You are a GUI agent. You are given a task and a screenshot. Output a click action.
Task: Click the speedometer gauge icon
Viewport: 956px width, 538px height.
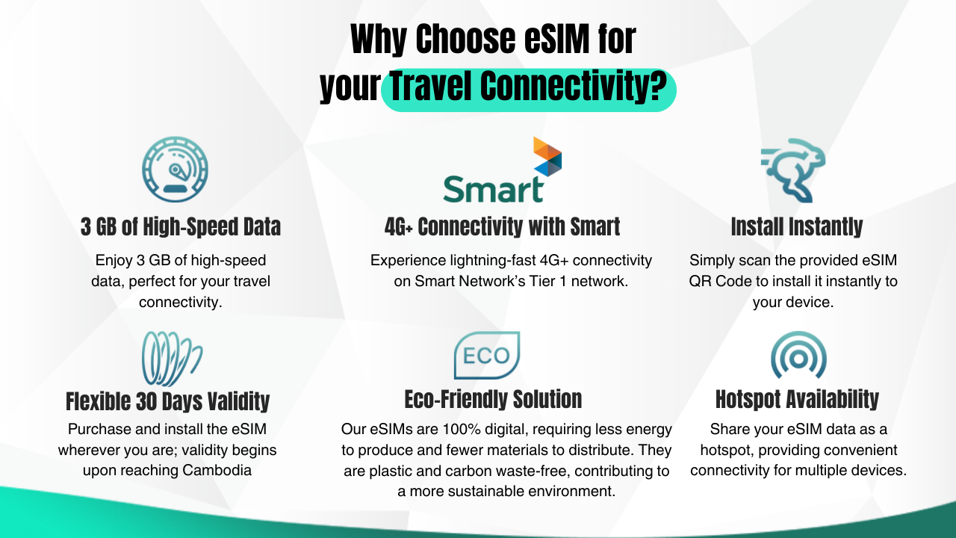point(175,170)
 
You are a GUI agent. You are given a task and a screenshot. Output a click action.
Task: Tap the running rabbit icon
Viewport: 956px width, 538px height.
point(793,170)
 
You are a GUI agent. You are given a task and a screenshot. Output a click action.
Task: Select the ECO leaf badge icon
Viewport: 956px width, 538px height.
point(487,355)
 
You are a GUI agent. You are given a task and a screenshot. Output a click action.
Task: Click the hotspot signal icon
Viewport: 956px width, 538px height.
point(798,355)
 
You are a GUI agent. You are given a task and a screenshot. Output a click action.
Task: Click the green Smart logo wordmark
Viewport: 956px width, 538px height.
point(494,189)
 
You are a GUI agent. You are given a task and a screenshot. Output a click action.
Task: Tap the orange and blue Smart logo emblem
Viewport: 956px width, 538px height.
point(547,157)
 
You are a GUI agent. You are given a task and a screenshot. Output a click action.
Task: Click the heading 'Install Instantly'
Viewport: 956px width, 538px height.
point(797,226)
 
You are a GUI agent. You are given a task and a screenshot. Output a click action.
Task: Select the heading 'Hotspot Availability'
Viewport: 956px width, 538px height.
point(797,399)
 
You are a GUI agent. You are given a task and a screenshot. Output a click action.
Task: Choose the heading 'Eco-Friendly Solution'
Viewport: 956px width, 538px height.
point(493,399)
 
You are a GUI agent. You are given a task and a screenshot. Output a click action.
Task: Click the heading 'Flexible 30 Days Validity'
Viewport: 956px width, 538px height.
point(168,401)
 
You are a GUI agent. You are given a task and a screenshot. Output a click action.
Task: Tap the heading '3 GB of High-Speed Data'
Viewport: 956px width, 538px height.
point(181,226)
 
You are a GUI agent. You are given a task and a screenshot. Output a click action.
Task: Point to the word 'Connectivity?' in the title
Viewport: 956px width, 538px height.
point(573,87)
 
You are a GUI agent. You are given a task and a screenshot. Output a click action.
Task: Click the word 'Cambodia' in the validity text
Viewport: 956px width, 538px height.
point(217,470)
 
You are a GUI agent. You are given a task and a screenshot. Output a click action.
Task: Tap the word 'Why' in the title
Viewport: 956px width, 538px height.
point(378,40)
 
